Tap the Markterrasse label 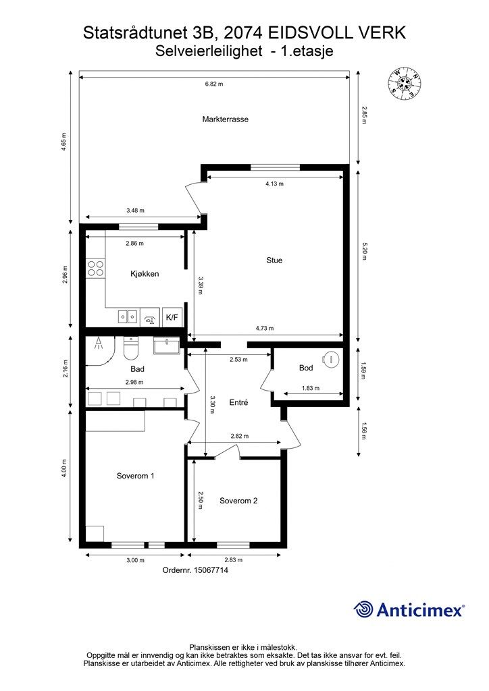click(x=226, y=119)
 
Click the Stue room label click(x=274, y=260)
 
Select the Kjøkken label click(x=145, y=274)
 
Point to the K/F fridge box click(x=172, y=317)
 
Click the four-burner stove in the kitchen click(x=96, y=269)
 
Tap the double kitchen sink click(x=128, y=316)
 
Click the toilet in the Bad click(x=131, y=348)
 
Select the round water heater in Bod click(x=331, y=359)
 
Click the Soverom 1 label click(x=135, y=476)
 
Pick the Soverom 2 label click(x=238, y=501)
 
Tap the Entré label click(x=238, y=403)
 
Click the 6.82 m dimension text click(x=214, y=84)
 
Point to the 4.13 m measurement click(x=274, y=184)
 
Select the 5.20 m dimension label click(x=364, y=252)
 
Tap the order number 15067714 click(x=211, y=570)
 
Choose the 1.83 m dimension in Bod click(x=311, y=388)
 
